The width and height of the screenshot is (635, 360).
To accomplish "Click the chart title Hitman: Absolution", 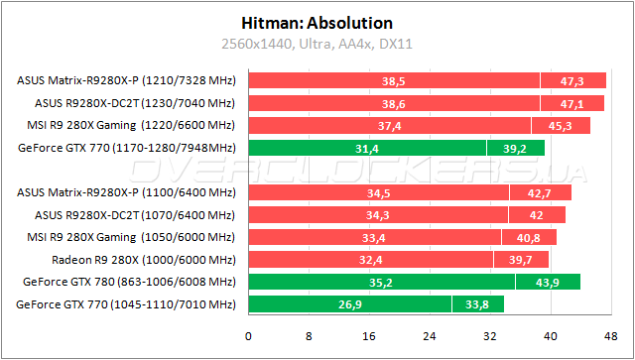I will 317,22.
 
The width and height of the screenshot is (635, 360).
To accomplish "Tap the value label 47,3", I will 572,81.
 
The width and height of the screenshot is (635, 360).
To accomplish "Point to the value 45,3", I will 561,126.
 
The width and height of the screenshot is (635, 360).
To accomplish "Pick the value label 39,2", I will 515,149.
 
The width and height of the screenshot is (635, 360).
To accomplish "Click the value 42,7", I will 540,192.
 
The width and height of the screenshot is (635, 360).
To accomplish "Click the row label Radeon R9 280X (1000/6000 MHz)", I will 143,260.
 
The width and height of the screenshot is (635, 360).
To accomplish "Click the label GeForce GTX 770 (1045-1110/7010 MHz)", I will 125,304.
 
